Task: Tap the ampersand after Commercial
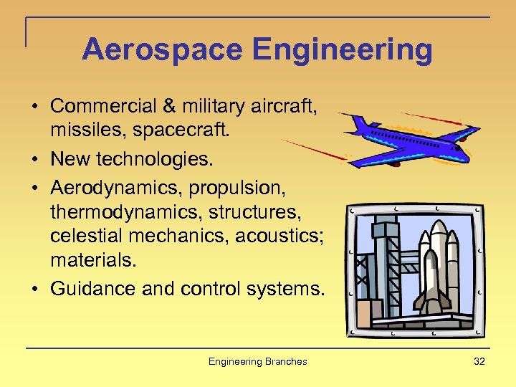pyautogui.click(x=169, y=106)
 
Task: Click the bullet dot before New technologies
pyautogui.click(x=34, y=159)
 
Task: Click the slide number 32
pyautogui.click(x=479, y=361)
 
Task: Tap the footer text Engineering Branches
pyautogui.click(x=257, y=361)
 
